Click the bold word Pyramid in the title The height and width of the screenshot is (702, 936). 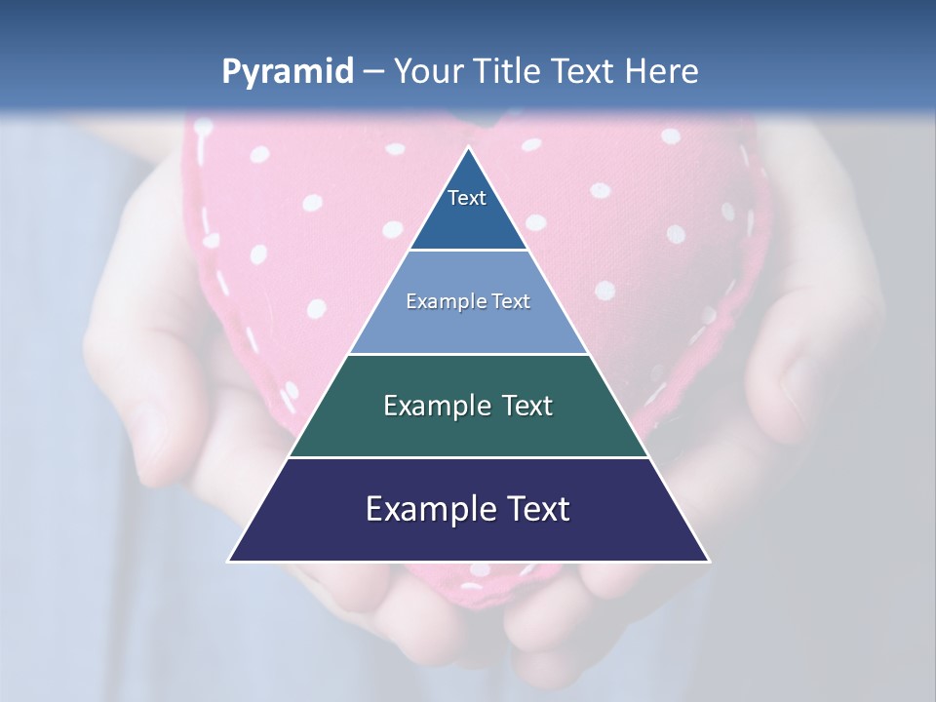pyautogui.click(x=287, y=72)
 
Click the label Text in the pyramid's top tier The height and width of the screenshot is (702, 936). pyautogui.click(x=467, y=198)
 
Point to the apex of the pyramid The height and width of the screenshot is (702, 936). pyautogui.click(x=469, y=148)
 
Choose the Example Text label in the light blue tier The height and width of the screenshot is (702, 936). pyautogui.click(x=468, y=301)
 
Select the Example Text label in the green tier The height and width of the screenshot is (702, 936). pyautogui.click(x=468, y=406)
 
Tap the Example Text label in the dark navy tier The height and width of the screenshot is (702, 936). pyautogui.click(x=468, y=509)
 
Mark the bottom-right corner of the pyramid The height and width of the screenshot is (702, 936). pyautogui.click(x=708, y=561)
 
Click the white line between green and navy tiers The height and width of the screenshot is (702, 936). pyautogui.click(x=468, y=457)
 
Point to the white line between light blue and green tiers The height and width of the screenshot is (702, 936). pyautogui.click(x=468, y=354)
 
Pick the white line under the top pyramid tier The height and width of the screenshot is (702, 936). pyautogui.click(x=468, y=251)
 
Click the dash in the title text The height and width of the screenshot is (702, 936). pyautogui.click(x=373, y=72)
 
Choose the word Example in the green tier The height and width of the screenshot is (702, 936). pyautogui.click(x=436, y=406)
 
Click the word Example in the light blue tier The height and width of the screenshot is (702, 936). pyautogui.click(x=444, y=301)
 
